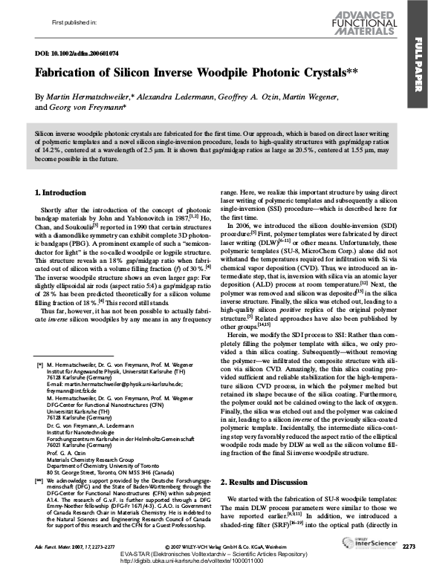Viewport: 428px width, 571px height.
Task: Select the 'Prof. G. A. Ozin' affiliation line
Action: tap(65, 451)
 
